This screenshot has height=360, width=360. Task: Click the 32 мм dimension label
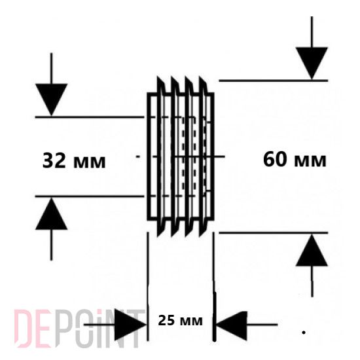(x=74, y=161)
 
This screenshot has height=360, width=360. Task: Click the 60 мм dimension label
(x=295, y=160)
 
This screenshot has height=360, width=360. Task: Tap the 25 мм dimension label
(x=181, y=321)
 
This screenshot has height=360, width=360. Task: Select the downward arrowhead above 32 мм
(x=51, y=99)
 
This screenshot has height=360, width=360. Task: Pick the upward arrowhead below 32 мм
(x=51, y=214)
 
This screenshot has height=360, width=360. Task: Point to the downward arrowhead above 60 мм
(x=312, y=63)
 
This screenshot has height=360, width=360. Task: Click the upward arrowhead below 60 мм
(x=312, y=250)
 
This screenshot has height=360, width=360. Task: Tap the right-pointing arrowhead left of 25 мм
(x=130, y=325)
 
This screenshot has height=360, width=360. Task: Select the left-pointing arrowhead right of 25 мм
(x=232, y=326)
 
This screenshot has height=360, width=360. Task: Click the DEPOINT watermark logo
(x=78, y=329)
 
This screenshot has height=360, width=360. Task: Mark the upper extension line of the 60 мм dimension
(x=274, y=81)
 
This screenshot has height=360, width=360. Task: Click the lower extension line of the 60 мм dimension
(x=274, y=233)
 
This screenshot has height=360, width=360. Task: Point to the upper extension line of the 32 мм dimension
(x=90, y=117)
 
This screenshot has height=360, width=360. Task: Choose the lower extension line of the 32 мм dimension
(x=90, y=196)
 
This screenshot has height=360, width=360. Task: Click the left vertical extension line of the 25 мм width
(x=148, y=287)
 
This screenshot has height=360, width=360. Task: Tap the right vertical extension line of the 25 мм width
(x=214, y=287)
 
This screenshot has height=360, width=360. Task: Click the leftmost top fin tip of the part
(x=158, y=77)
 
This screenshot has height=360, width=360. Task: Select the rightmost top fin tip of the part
(x=200, y=77)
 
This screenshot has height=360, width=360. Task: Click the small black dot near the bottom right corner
(x=304, y=333)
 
